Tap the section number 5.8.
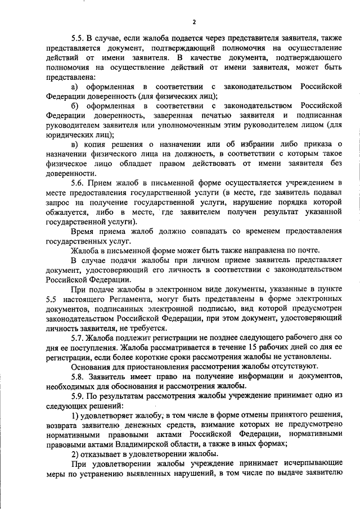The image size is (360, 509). tap(79, 376)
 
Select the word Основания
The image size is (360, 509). tap(91, 366)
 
